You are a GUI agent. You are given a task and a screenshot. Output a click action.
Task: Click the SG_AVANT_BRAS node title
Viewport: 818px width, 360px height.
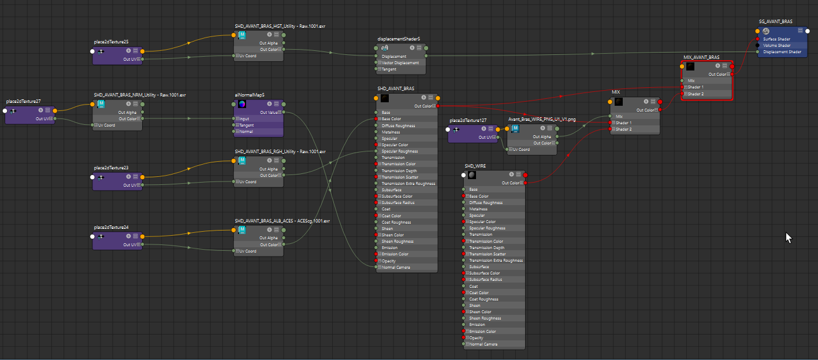(776, 21)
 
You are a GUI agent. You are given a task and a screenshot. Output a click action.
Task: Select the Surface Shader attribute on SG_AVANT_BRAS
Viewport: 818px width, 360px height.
(776, 39)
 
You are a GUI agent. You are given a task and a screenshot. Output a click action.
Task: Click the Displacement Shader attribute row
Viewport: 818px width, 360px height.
(782, 52)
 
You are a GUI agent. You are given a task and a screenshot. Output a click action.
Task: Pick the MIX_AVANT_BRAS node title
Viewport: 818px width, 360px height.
(701, 57)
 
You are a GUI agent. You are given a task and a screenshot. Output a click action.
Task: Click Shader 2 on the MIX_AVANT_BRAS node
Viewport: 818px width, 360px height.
(696, 94)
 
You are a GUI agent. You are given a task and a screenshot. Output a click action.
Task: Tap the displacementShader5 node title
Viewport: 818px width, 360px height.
(399, 39)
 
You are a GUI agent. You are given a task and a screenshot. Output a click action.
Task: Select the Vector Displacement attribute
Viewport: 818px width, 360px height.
(400, 63)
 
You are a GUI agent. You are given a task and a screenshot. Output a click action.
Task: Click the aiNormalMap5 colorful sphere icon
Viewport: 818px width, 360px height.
(241, 104)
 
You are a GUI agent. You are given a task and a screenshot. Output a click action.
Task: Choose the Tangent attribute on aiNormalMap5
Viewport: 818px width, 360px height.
(246, 125)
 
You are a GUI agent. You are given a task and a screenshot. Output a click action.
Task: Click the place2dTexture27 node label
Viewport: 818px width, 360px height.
(23, 101)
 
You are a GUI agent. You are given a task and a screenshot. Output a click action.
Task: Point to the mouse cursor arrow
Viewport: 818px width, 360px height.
(789, 237)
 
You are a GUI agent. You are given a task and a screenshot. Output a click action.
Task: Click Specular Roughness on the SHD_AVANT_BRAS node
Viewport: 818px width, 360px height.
(400, 151)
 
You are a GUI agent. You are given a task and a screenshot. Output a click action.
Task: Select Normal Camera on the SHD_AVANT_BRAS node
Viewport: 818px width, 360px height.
(396, 268)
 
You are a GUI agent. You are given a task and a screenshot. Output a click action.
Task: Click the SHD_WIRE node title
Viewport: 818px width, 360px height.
(475, 166)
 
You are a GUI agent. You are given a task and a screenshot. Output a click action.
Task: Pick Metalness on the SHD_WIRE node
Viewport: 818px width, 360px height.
(478, 209)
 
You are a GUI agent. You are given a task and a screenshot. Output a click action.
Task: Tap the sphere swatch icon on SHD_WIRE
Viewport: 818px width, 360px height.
(472, 175)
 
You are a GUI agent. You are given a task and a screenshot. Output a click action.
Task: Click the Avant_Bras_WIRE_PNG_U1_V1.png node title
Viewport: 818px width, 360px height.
(541, 120)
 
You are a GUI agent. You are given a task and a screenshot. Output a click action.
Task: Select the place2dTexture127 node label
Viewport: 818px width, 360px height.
(468, 120)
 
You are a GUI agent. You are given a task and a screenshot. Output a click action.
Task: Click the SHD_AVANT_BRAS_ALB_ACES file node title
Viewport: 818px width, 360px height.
(282, 221)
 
